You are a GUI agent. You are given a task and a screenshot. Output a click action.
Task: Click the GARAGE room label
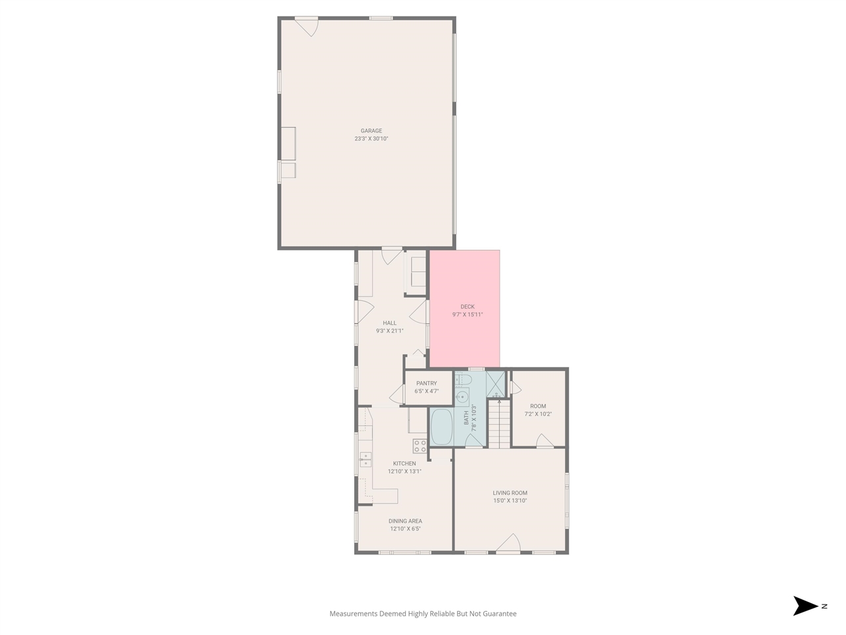coord(371,131)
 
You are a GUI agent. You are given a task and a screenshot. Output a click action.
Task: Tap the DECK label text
coord(467,307)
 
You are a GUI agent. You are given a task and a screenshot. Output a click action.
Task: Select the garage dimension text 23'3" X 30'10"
coord(371,139)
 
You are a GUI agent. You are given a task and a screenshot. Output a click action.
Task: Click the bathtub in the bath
coord(441,427)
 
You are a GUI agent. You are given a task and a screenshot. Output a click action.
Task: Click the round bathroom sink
coord(463,398)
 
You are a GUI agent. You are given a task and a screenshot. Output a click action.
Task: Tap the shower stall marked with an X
coord(495,383)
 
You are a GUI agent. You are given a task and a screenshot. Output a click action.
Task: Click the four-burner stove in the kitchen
coord(420,446)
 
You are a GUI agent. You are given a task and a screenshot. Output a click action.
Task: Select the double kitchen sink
coord(365,458)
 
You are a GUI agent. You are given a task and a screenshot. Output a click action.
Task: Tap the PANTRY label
coord(426,384)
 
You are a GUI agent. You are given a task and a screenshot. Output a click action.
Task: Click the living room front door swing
coord(508,543)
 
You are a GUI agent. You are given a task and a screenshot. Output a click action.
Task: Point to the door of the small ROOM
coord(545,441)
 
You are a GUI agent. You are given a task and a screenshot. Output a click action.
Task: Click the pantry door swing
coord(398,395)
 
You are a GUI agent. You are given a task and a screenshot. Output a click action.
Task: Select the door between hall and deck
coord(419,311)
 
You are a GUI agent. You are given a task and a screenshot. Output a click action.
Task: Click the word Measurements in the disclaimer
coord(353,614)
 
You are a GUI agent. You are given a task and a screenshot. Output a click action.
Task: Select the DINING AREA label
coord(405,521)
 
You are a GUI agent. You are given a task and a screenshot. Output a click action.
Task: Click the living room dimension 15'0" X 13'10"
coord(510,501)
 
